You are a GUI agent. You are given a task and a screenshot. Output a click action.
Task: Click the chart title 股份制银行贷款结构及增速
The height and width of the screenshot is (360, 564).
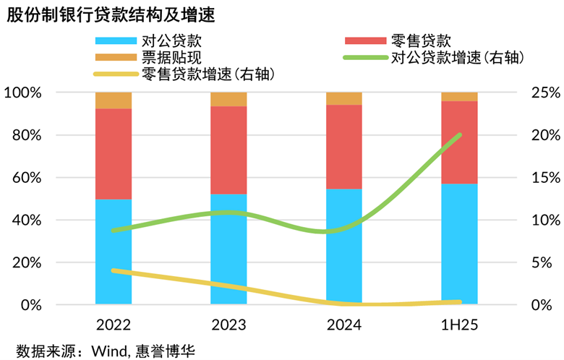109,14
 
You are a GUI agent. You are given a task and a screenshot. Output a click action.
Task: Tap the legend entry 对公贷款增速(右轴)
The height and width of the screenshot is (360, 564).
456,57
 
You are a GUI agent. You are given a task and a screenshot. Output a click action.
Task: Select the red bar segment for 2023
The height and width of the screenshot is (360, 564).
228,150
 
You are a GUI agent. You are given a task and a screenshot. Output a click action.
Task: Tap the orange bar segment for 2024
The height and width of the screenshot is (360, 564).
344,98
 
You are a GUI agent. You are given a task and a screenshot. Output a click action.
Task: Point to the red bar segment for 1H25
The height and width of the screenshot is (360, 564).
459,142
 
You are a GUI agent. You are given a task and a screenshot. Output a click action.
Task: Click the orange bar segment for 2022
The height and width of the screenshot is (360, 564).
114,100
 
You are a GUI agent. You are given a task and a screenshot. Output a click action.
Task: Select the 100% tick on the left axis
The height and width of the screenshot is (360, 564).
23,93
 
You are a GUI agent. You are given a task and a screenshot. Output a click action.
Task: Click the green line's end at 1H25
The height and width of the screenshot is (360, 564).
459,134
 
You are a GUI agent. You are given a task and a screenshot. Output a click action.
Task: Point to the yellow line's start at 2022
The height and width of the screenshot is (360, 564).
114,270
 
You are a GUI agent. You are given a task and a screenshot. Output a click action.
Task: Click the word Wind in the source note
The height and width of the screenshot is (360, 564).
108,351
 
